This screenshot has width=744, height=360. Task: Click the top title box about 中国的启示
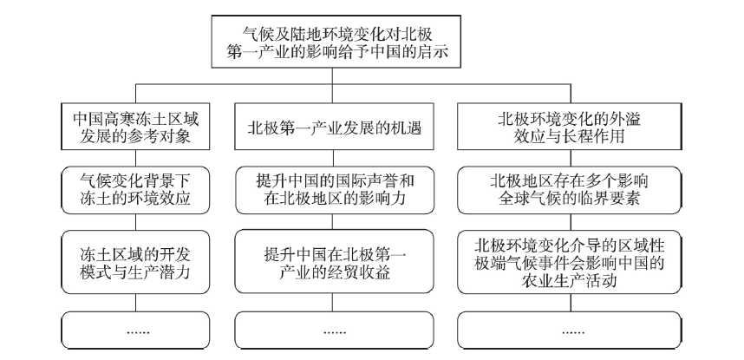(336, 42)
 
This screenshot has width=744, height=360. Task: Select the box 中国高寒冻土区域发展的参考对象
(135, 127)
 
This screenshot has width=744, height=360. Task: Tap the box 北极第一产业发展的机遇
(334, 127)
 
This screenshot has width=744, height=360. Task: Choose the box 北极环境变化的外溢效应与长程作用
(570, 127)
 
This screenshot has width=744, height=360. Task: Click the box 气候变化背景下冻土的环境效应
(135, 190)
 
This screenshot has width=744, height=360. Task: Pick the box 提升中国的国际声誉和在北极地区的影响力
(335, 190)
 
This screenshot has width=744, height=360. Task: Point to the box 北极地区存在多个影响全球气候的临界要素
(570, 190)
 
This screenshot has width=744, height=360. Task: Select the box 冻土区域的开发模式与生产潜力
(135, 262)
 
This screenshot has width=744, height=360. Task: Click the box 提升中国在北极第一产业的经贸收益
(335, 262)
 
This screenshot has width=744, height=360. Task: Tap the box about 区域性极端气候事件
(570, 262)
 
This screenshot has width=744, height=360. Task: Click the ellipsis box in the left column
(135, 331)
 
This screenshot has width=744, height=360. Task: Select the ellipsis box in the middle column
(335, 331)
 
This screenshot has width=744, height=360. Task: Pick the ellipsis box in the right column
(570, 331)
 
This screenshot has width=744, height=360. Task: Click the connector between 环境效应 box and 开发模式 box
(135, 222)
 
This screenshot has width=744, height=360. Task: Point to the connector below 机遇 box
(333, 158)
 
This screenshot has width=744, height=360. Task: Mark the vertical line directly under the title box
(332, 76)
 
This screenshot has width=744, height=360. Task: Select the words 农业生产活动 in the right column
(570, 281)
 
